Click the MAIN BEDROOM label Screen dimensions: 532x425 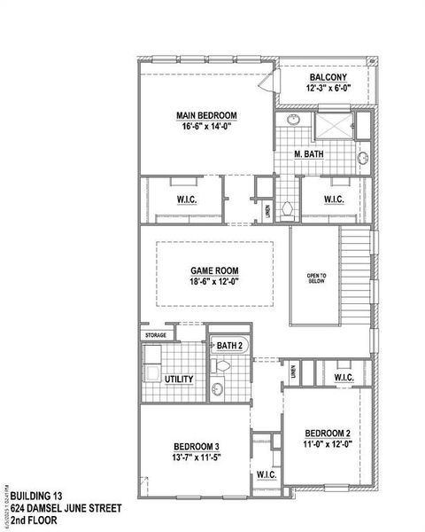[206, 114]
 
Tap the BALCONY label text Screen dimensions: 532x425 [328, 77]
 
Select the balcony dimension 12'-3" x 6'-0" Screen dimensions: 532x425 [328, 89]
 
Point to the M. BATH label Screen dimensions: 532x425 [309, 154]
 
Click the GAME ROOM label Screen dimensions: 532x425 [214, 270]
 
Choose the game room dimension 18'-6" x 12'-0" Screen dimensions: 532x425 [214, 282]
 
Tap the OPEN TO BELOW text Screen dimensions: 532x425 [317, 278]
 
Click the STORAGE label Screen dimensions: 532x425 [156, 335]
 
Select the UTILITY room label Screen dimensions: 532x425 [180, 379]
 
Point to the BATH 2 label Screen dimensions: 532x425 [230, 345]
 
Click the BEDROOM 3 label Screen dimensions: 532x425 [197, 446]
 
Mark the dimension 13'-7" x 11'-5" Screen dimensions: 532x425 [197, 458]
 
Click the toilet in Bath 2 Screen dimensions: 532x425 [221, 365]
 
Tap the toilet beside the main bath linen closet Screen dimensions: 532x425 [286, 209]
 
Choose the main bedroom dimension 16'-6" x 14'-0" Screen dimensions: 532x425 [206, 126]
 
